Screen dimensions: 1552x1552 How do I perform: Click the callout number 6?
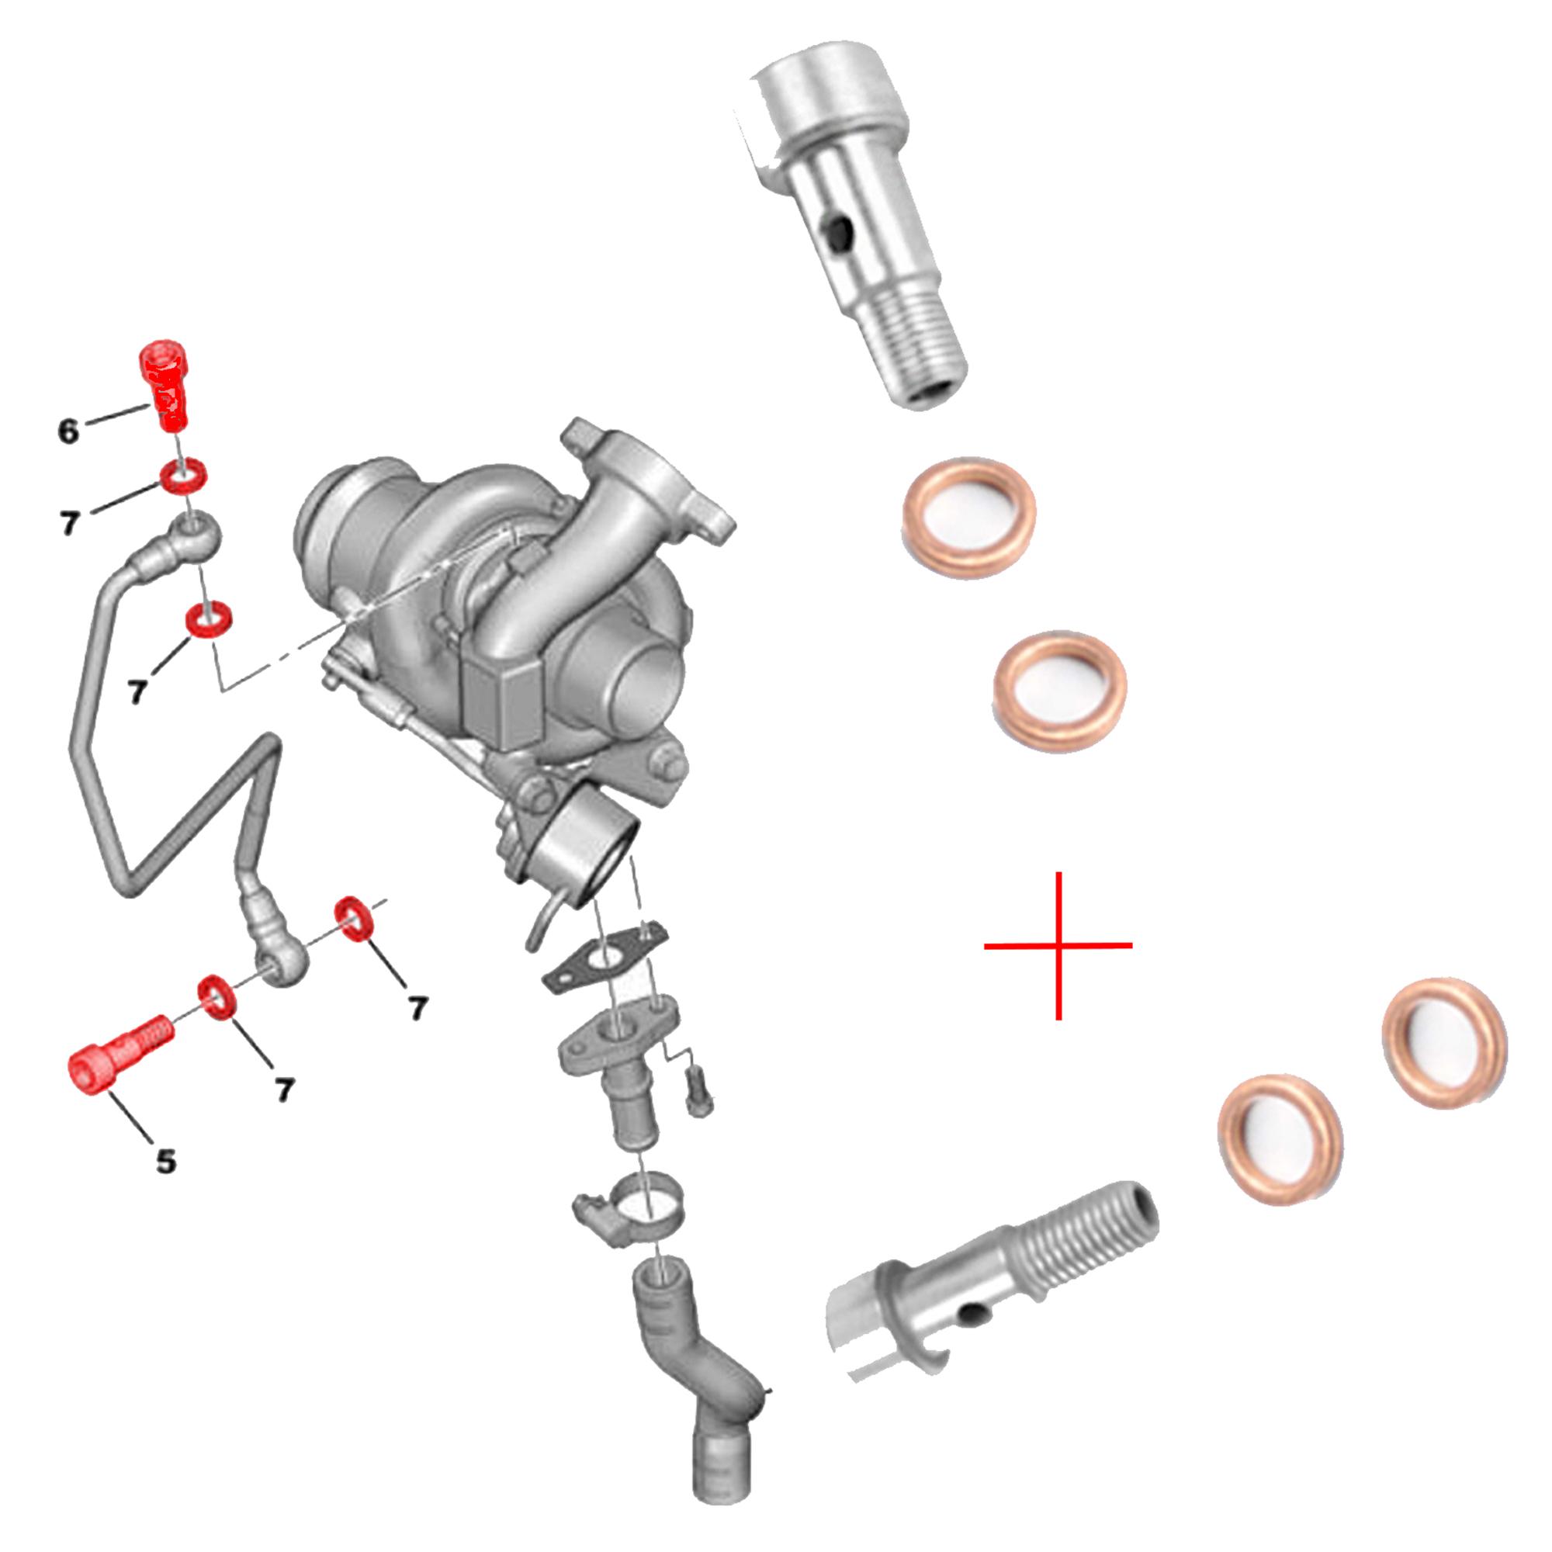pyautogui.click(x=69, y=432)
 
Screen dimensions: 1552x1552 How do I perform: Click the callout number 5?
pyautogui.click(x=165, y=1161)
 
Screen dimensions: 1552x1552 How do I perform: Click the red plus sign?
pyautogui.click(x=1058, y=945)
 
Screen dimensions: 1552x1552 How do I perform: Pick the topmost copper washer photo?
pyautogui.click(x=969, y=518)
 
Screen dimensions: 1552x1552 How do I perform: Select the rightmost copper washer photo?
pyautogui.click(x=1443, y=1043)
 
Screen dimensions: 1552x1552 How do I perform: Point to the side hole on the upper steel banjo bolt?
pyautogui.click(x=837, y=234)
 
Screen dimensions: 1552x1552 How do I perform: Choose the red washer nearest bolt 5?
pyautogui.click(x=217, y=998)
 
